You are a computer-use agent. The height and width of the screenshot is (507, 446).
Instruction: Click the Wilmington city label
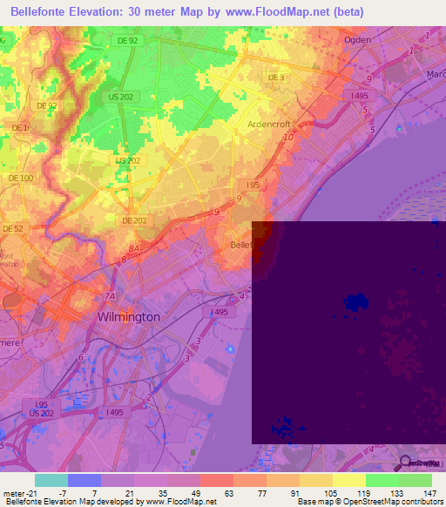129,317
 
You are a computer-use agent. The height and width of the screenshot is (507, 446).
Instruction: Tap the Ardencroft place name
274,124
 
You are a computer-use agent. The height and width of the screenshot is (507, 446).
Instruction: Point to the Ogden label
357,40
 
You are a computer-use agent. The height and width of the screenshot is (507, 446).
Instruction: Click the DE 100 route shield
20,178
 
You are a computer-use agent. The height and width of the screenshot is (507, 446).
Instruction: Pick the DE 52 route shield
12,228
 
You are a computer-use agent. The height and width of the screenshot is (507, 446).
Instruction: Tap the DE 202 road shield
134,220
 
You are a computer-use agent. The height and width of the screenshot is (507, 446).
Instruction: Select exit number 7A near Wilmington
110,296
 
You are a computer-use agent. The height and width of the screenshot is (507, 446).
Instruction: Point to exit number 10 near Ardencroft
288,137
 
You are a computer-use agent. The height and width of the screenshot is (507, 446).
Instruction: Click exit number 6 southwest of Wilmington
81,357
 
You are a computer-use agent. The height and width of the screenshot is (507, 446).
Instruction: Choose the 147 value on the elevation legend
429,492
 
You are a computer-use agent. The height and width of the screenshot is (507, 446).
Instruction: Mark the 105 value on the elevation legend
330,492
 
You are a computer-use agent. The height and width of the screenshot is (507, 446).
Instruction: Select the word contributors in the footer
417,502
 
